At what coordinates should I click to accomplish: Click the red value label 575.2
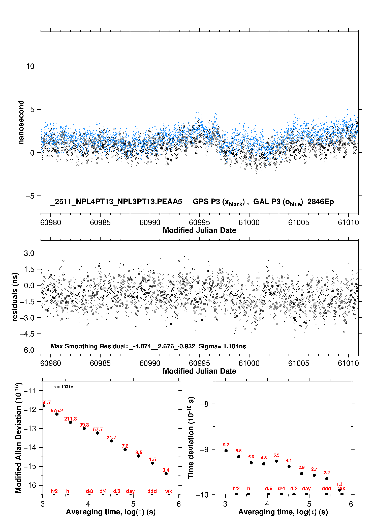57,410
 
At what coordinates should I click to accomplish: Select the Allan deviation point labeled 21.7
111,441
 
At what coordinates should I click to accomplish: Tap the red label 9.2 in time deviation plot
226,445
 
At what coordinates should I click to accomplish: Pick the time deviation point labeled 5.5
276,461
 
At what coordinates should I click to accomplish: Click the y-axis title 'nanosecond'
21,122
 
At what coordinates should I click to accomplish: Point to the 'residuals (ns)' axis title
15,297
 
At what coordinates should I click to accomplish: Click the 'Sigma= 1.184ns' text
222,346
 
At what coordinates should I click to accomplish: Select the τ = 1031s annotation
64,387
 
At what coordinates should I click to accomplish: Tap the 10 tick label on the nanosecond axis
30,66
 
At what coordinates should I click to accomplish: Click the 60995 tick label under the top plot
199,222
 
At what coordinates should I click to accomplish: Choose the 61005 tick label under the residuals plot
299,363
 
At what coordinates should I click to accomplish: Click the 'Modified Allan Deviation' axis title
18,438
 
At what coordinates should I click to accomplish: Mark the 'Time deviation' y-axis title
191,438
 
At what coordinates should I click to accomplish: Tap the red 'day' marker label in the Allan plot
130,491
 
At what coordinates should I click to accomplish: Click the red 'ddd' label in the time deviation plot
326,488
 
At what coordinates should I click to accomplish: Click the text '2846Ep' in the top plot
320,202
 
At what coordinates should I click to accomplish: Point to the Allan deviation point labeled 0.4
166,473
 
